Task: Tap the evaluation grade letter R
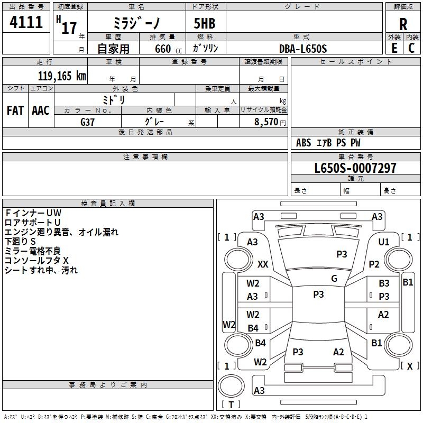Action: click(x=403, y=25)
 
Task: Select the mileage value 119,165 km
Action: click(x=62, y=76)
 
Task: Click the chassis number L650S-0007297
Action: click(x=355, y=169)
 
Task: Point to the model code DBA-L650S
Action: click(x=303, y=49)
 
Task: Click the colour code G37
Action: click(x=88, y=121)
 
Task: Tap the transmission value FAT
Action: click(x=15, y=111)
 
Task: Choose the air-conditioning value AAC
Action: click(x=40, y=111)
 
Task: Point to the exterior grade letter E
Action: click(x=394, y=48)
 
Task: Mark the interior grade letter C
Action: click(x=411, y=48)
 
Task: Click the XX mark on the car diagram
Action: click(x=263, y=264)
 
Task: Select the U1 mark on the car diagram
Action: click(x=384, y=242)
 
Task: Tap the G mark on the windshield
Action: click(x=334, y=278)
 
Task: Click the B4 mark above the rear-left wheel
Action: click(x=253, y=328)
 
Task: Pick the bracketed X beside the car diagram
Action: click(x=409, y=365)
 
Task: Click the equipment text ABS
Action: click(x=304, y=143)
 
